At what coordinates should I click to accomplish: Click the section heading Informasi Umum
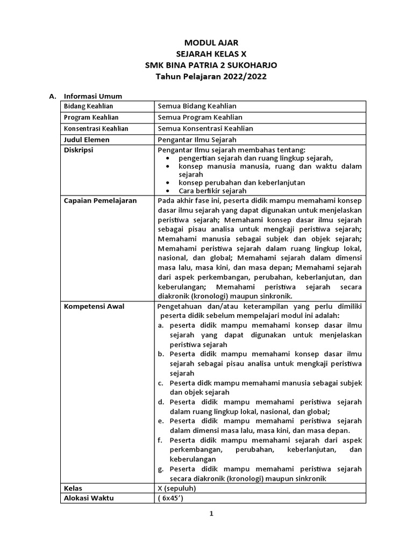(92, 96)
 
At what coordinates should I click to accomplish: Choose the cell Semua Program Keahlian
(200, 117)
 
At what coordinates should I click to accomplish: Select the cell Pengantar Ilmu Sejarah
(194, 140)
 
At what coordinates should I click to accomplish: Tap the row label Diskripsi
(79, 150)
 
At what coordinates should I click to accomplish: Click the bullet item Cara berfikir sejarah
(212, 190)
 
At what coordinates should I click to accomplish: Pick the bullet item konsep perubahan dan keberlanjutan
(241, 183)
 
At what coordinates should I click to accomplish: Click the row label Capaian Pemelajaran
(101, 200)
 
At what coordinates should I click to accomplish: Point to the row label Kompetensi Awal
(94, 306)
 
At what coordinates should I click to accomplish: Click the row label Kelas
(73, 488)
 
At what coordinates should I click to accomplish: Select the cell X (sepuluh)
(177, 488)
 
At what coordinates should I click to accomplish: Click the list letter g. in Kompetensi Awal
(161, 469)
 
